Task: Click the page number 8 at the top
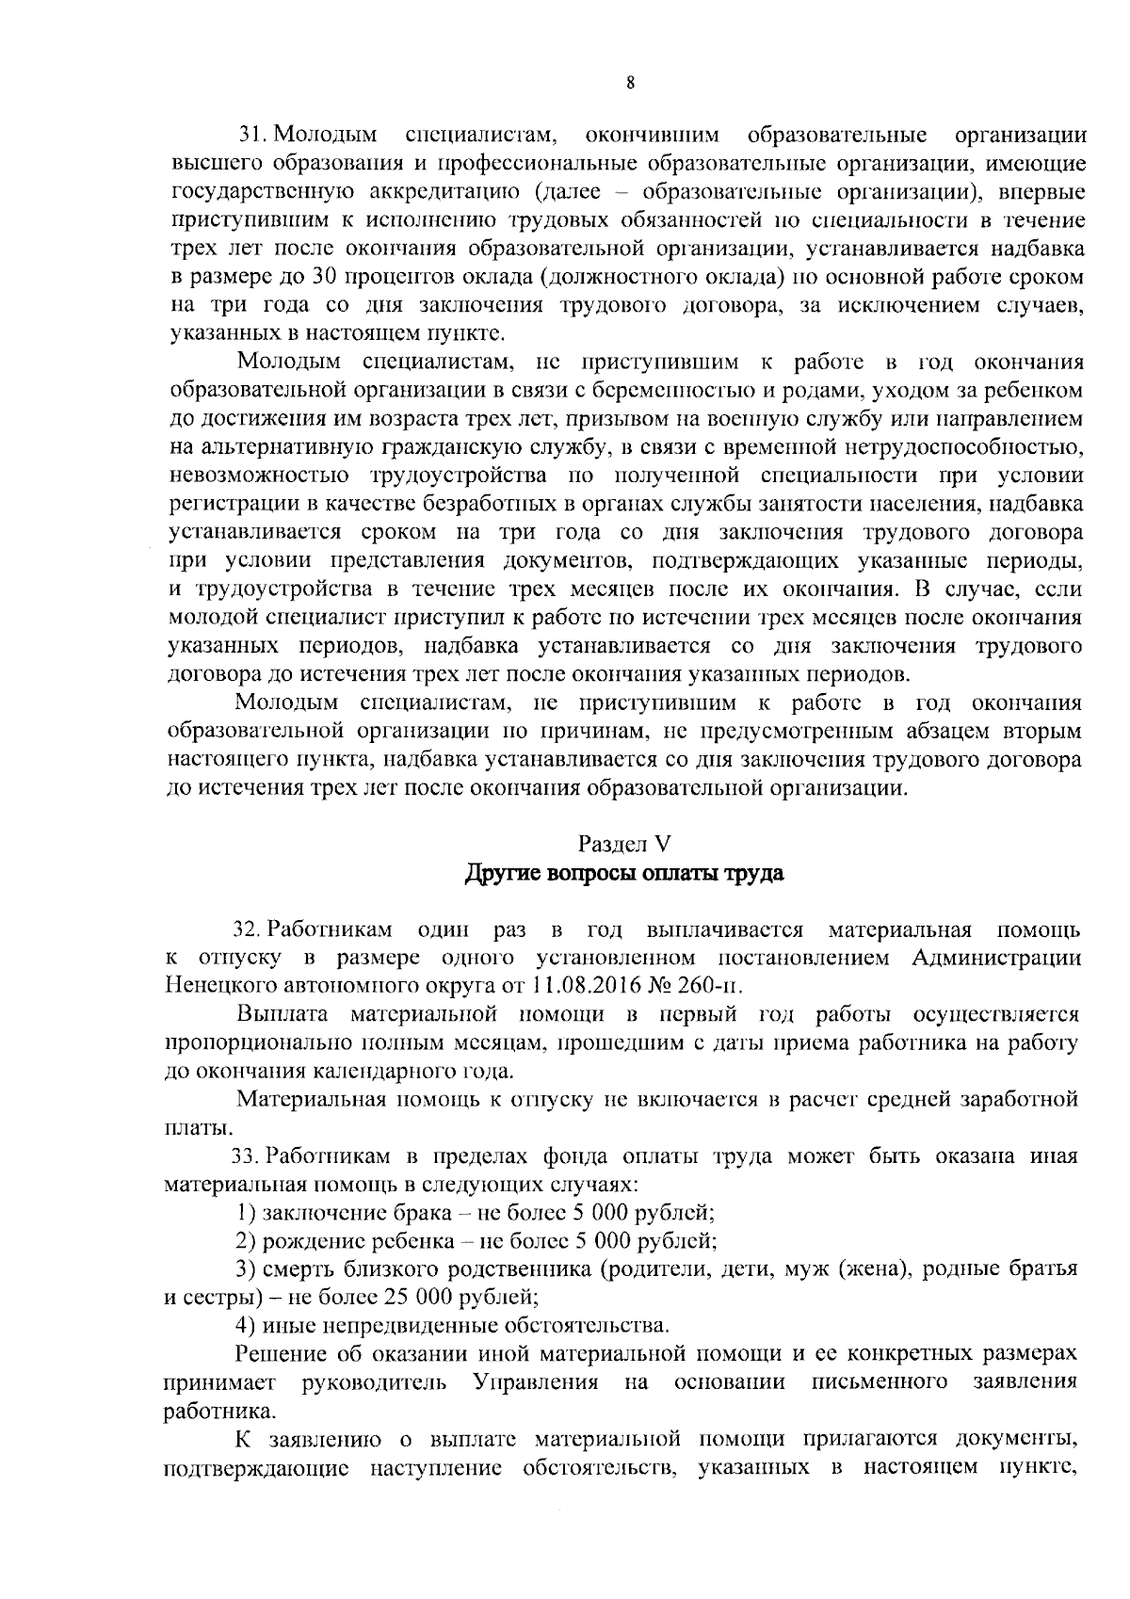click(x=630, y=82)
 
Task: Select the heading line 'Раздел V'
click(x=624, y=843)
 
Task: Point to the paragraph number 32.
click(x=246, y=930)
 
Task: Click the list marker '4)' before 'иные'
click(x=246, y=1326)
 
